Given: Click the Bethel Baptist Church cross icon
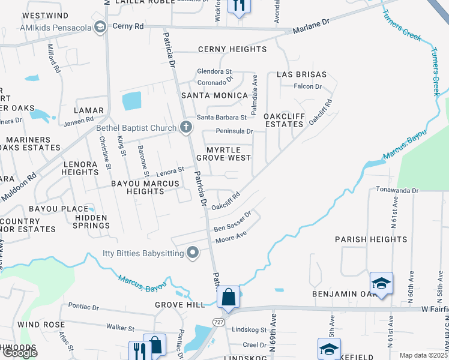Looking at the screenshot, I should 186,127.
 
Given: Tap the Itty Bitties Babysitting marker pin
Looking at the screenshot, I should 193,253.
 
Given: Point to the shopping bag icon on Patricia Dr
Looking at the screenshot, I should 229,296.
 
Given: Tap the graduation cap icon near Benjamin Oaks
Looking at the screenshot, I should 381,283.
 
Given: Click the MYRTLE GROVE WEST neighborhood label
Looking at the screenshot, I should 228,154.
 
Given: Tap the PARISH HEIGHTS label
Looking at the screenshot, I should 371,239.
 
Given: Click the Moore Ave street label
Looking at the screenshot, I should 231,236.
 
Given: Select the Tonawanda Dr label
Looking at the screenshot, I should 397,190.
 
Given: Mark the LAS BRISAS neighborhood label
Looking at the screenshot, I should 301,74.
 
